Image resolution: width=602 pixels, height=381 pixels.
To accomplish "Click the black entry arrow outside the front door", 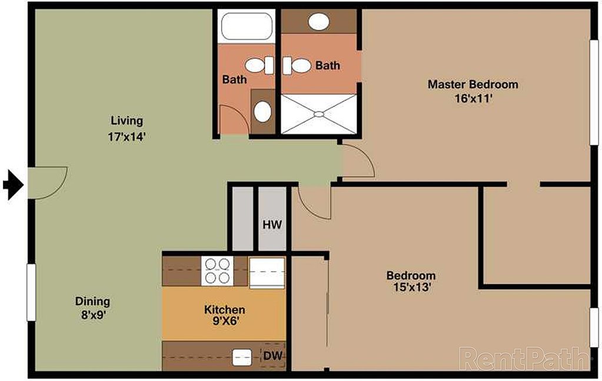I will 12,185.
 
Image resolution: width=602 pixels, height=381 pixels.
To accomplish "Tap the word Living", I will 127,121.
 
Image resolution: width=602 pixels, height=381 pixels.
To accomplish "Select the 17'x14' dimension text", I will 127,137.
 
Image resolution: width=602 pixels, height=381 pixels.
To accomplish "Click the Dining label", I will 92,302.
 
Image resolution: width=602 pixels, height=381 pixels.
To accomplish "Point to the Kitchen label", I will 224,310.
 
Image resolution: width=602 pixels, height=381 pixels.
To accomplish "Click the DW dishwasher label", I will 272,356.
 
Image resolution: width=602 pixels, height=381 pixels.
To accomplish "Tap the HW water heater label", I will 272,225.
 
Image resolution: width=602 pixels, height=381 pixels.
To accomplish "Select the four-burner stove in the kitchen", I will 217,270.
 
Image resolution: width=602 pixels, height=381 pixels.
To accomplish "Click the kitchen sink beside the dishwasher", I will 241,356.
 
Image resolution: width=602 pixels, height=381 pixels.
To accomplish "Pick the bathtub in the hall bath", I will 247,26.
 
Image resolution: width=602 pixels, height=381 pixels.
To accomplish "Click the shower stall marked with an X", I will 318,113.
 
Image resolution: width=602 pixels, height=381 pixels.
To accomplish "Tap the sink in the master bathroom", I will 319,22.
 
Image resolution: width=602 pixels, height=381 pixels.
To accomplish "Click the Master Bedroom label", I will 473,85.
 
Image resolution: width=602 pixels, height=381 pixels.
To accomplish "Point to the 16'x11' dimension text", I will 473,99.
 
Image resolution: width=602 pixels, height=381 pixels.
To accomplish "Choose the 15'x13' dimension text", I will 410,288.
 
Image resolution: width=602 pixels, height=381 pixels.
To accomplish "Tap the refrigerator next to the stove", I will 267,272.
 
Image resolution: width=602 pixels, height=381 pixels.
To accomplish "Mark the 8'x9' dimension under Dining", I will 92,315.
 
